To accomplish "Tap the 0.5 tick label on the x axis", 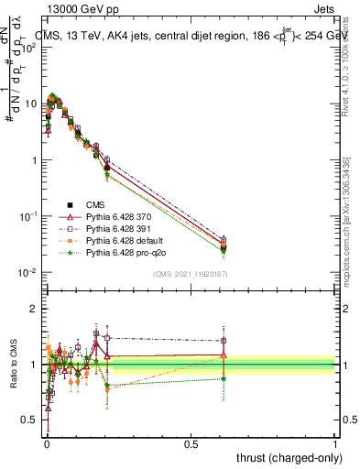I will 191,444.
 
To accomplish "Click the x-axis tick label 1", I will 335,444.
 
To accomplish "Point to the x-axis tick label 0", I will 46,444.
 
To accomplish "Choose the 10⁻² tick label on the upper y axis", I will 29,272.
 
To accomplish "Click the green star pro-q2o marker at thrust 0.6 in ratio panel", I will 224,377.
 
